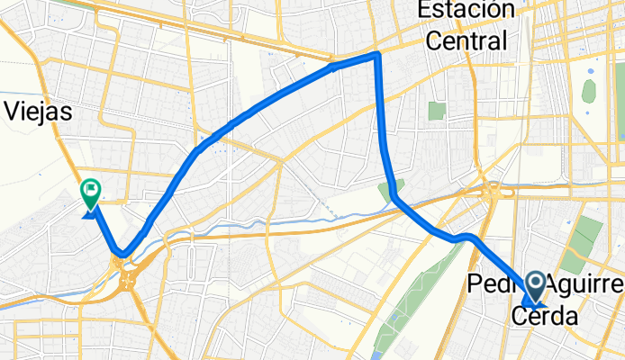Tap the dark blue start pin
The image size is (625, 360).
(x=534, y=286)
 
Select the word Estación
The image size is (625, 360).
(x=466, y=10)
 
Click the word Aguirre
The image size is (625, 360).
(x=585, y=285)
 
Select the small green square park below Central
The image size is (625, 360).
(x=437, y=111)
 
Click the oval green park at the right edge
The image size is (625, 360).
(x=589, y=91)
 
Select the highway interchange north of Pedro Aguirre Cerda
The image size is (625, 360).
(x=493, y=191)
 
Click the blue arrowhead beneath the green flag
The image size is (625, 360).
(x=90, y=212)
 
